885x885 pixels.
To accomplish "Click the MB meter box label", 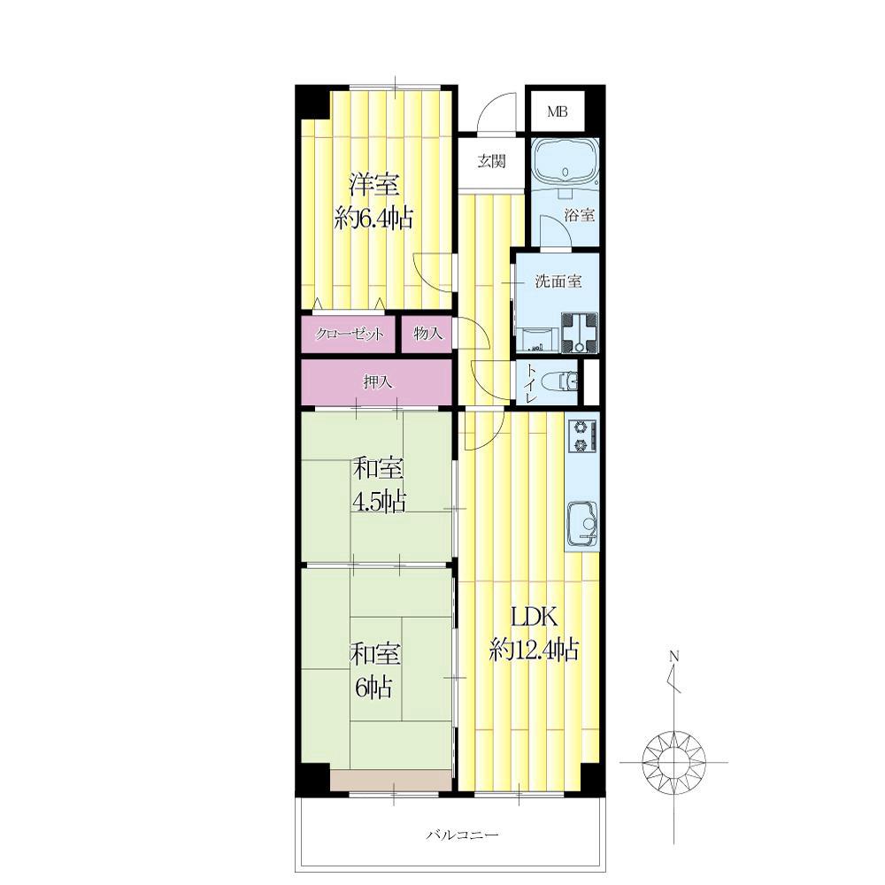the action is click(557, 112).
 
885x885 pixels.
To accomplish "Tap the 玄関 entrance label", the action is click(491, 162).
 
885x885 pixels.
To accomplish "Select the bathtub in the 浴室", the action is click(566, 161).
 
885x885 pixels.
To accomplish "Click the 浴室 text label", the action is click(580, 215).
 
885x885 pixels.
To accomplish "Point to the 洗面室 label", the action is click(558, 281).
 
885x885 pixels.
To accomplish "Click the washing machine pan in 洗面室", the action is click(580, 333).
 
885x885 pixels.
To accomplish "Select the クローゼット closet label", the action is click(350, 335).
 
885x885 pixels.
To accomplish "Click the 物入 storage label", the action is click(427, 334).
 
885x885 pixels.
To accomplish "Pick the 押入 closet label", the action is click(378, 382).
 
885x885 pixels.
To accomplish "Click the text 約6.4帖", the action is click(373, 218).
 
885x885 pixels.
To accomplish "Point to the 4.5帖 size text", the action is click(379, 501).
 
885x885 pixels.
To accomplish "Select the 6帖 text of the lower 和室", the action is click(373, 688).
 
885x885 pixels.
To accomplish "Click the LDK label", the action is click(534, 618).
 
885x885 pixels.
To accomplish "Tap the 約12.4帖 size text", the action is click(534, 650).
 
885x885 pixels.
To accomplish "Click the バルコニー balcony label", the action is click(462, 834).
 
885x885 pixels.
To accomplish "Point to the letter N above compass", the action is click(673, 657).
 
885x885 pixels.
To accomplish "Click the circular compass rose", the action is click(673, 762).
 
